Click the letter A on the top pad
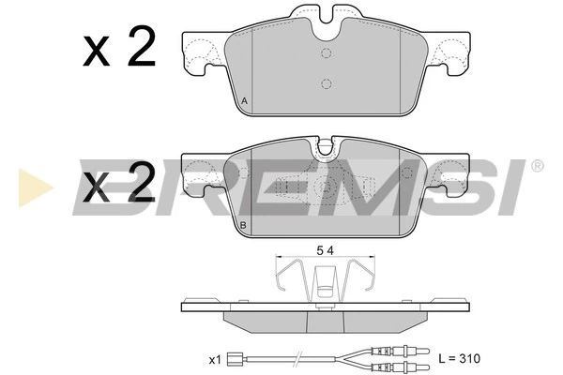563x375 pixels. pos(245,101)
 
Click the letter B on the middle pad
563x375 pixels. pos(244,226)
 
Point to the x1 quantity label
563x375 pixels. pos(214,359)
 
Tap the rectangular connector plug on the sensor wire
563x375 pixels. pos(240,357)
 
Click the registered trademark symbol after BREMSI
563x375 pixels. pos(537,166)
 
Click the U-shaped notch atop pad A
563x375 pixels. pos(326,17)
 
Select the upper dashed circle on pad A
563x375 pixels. pos(326,52)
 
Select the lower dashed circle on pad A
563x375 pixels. pos(326,83)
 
